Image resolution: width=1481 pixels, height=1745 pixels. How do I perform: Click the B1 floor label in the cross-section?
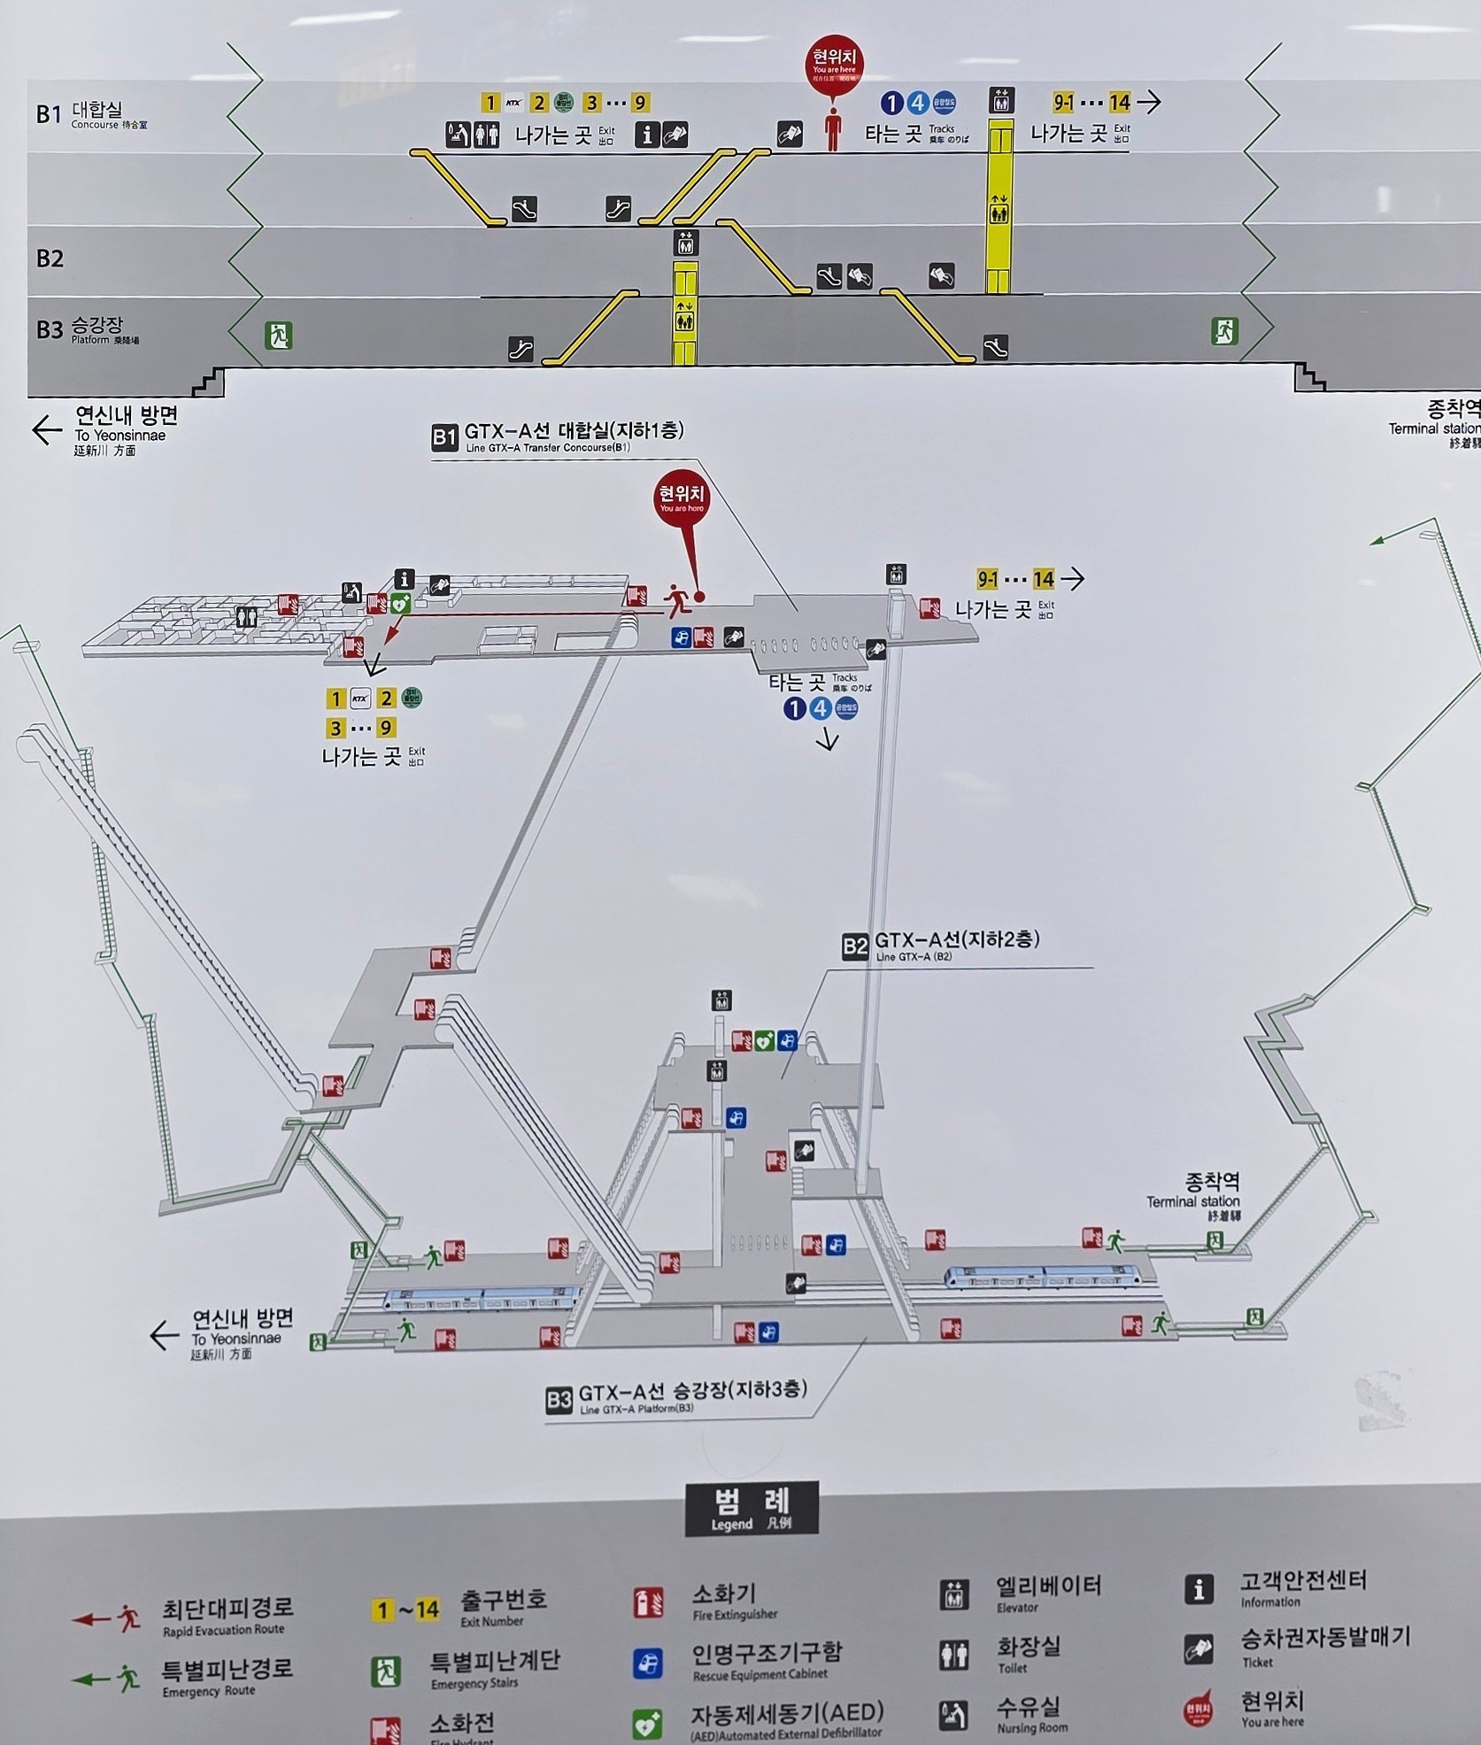[x=49, y=114]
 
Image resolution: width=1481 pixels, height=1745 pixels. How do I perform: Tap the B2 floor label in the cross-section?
[x=50, y=259]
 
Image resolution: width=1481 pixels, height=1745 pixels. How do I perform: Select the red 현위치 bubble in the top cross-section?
[x=834, y=65]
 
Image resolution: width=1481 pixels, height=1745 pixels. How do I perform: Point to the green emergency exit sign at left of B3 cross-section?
[x=278, y=336]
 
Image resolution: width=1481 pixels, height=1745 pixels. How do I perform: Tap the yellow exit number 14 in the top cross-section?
[x=1120, y=103]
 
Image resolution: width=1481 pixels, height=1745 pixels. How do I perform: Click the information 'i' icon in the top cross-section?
[x=648, y=135]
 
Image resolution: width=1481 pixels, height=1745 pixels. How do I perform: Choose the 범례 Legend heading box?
[x=752, y=1508]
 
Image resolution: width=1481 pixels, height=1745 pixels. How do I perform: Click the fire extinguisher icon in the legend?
[x=648, y=1602]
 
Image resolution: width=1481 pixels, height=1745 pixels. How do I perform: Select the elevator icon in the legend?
[x=953, y=1594]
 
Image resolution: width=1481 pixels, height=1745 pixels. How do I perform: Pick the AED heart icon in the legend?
[x=647, y=1723]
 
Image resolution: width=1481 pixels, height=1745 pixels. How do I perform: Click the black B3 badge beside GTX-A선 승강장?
[x=559, y=1400]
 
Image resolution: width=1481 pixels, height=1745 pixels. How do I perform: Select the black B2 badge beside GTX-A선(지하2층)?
[x=855, y=946]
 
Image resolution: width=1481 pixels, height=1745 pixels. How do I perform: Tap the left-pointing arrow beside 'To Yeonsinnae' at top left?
[x=47, y=430]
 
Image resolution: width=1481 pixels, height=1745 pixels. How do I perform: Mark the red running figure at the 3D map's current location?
[x=677, y=600]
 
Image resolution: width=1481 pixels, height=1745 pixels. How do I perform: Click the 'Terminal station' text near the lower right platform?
[x=1192, y=1201]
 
